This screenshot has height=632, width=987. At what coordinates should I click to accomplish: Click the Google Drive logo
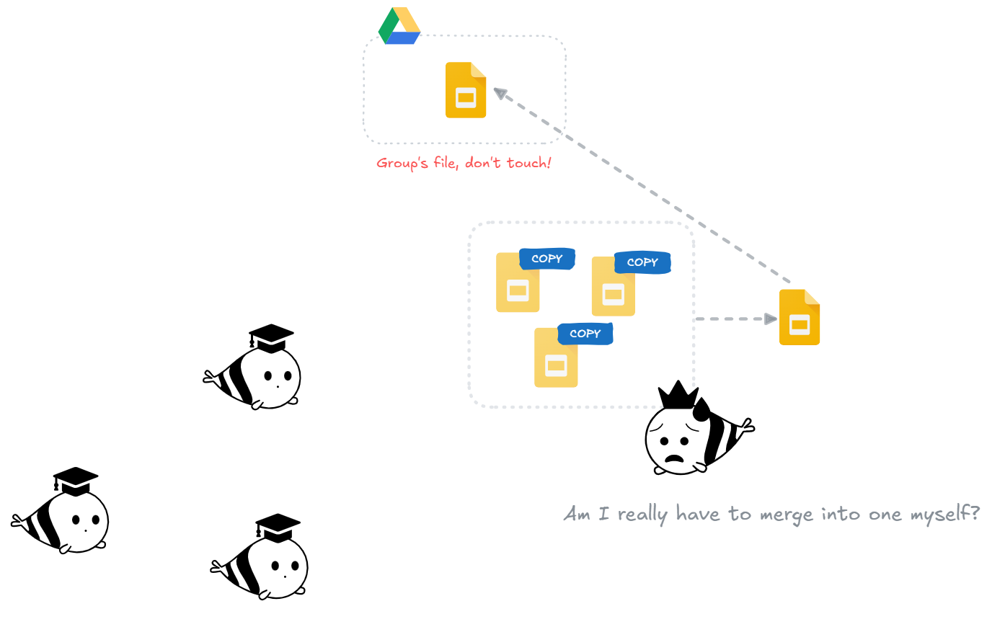(399, 27)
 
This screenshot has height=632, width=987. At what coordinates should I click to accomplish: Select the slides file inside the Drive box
(466, 90)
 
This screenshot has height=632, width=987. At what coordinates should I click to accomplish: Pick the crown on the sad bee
(678, 396)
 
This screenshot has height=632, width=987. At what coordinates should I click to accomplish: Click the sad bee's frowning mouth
(674, 458)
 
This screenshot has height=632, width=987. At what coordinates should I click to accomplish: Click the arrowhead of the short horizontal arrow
(771, 319)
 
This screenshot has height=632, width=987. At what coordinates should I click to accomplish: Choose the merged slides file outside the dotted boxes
(800, 318)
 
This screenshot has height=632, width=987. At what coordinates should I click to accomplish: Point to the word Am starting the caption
(577, 515)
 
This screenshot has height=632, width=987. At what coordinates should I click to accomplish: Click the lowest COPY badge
(585, 334)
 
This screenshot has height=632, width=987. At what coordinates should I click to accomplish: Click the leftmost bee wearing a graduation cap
(61, 513)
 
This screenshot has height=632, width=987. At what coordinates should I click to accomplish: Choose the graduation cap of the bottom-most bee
(278, 528)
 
